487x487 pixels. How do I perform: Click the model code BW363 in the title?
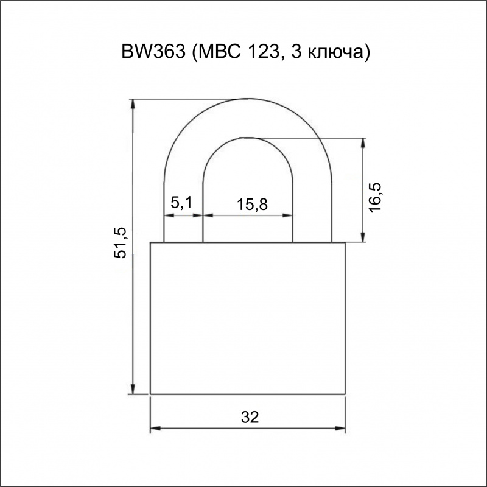153,52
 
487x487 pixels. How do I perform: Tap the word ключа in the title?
335,54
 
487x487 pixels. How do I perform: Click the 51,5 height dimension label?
120,242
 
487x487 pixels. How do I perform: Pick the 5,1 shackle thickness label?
181,203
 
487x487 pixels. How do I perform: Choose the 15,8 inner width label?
252,205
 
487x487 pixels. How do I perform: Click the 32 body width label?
250,417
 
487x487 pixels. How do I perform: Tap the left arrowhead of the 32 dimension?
155,429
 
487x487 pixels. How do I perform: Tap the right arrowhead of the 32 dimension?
340,429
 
